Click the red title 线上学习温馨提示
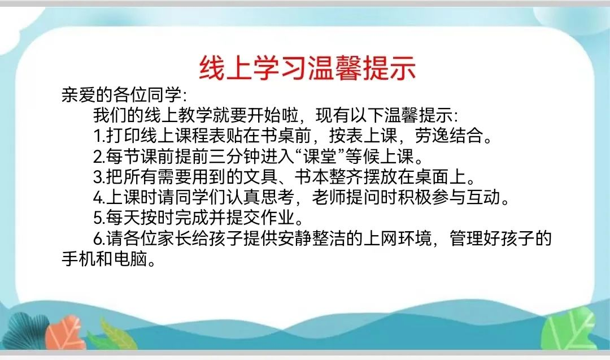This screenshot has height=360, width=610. tap(307, 68)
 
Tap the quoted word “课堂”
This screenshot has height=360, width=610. tap(320, 156)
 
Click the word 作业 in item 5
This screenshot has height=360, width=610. tap(277, 218)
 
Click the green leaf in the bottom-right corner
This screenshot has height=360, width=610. tap(568, 327)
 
